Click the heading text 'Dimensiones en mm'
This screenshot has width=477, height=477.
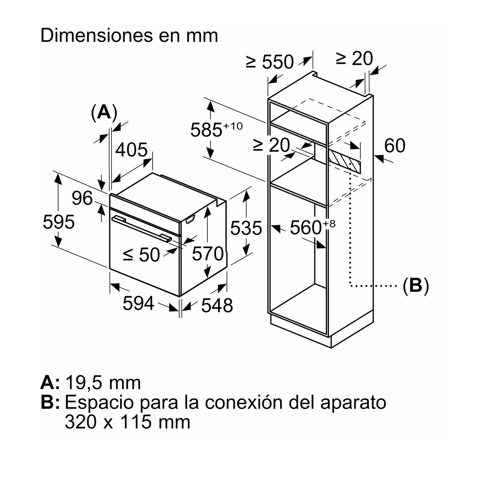pyautogui.click(x=129, y=36)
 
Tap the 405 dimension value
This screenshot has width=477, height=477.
pyautogui.click(x=131, y=150)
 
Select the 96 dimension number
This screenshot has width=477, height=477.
pyautogui.click(x=82, y=198)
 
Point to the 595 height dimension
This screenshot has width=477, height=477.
pyautogui.click(x=59, y=222)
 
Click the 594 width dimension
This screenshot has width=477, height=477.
pyautogui.click(x=138, y=303)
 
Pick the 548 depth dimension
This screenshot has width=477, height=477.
pyautogui.click(x=217, y=305)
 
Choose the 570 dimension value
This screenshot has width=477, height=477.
pyautogui.click(x=208, y=253)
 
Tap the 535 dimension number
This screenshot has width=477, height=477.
pyautogui.click(x=246, y=228)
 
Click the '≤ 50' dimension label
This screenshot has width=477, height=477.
pyautogui.click(x=141, y=254)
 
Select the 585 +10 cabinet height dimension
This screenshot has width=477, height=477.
pyautogui.click(x=216, y=129)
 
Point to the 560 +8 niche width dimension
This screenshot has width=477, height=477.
pyautogui.click(x=313, y=227)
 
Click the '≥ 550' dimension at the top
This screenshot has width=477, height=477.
pyautogui.click(x=270, y=62)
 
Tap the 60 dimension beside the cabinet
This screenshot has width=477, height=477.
pyautogui.click(x=395, y=145)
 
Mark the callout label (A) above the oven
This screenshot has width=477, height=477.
pyautogui.click(x=104, y=112)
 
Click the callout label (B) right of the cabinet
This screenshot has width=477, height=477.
pyautogui.click(x=415, y=286)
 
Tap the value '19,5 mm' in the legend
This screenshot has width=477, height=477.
pyautogui.click(x=103, y=383)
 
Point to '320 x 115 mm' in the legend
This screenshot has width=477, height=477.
pyautogui.click(x=127, y=421)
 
